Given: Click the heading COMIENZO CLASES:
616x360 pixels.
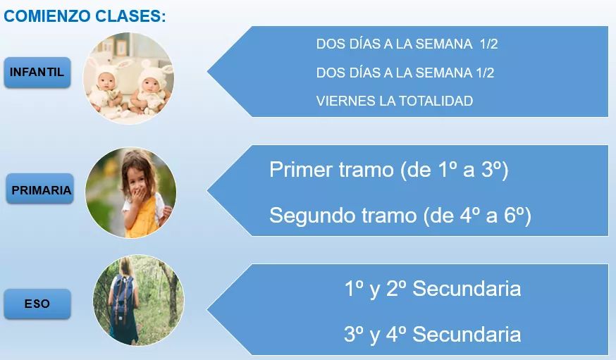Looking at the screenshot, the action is [x=85, y=16].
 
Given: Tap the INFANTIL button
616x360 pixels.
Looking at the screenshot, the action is [x=37, y=73].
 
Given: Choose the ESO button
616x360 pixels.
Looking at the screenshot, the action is [x=37, y=304].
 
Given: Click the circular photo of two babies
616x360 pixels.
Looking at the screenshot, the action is [x=128, y=78].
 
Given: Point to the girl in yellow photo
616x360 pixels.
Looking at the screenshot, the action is [x=131, y=193].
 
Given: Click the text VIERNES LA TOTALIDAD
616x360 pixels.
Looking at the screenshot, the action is [x=395, y=101].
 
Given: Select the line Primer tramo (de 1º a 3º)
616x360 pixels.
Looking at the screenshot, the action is [x=388, y=170].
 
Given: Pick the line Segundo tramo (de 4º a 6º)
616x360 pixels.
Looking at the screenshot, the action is [x=400, y=215].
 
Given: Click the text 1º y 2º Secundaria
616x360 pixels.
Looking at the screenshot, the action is [x=432, y=289].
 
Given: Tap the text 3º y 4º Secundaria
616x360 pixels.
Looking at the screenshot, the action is [x=432, y=334].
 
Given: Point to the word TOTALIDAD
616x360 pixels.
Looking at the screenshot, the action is [x=436, y=101].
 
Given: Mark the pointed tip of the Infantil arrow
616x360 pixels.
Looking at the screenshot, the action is [x=208, y=71].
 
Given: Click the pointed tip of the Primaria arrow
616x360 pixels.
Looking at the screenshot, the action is [x=208, y=190].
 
